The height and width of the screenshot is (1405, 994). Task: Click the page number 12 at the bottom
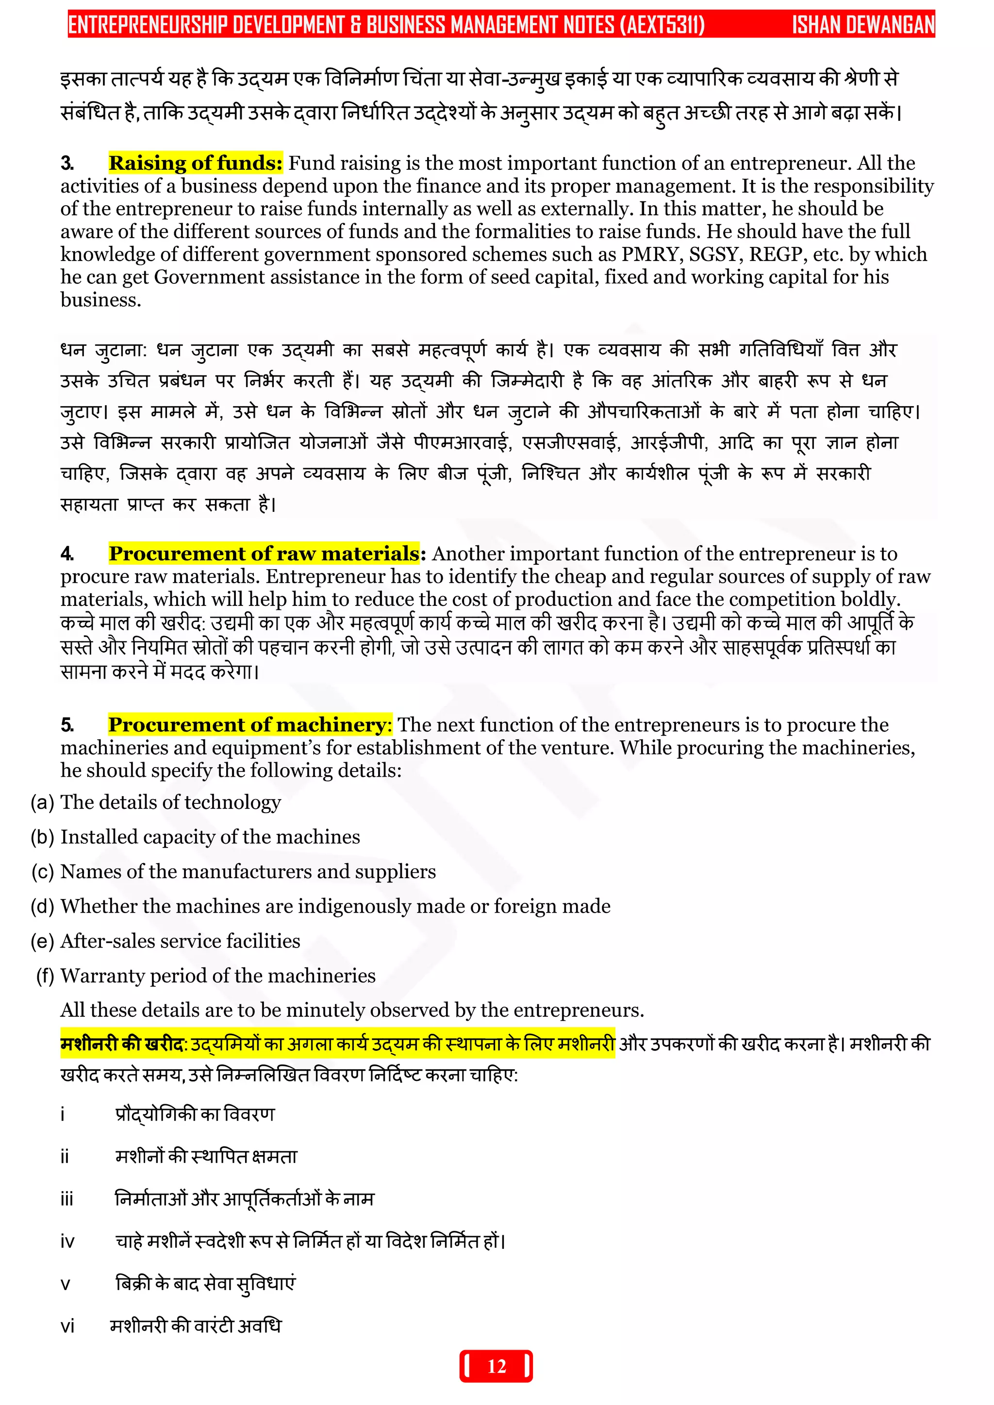coord(497,1367)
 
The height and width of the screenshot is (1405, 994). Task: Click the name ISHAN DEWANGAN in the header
coord(863,25)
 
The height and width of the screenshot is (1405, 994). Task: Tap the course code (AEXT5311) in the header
coord(662,25)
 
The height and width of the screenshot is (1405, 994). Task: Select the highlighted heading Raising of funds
coord(195,163)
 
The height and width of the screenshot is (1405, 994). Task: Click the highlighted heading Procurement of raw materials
coord(265,553)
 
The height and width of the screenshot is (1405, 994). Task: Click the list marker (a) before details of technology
coord(42,802)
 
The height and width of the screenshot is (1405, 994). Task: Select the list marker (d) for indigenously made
coord(42,906)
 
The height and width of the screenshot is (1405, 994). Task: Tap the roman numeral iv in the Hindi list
coord(67,1242)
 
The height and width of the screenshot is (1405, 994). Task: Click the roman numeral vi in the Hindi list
coord(67,1327)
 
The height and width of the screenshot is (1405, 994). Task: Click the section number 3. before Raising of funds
coord(67,163)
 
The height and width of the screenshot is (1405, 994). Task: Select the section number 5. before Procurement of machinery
coord(67,725)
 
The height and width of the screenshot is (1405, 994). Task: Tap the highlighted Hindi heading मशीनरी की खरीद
coord(122,1044)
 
